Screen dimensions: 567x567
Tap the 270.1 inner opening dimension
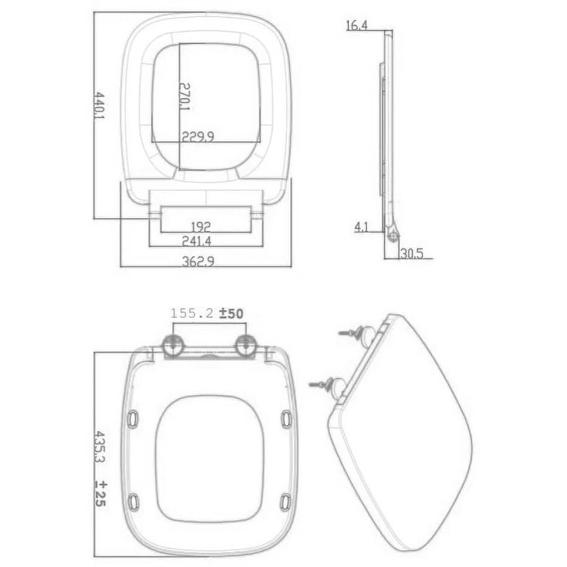point(185,97)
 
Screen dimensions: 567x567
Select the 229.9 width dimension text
point(198,136)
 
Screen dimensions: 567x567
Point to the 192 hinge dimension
point(201,227)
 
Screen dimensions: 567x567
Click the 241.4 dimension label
point(197,241)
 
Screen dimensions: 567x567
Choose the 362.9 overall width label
point(198,261)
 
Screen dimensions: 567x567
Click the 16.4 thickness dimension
point(357,25)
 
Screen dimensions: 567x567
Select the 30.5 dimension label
point(412,253)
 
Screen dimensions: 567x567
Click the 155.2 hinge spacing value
point(192,313)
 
